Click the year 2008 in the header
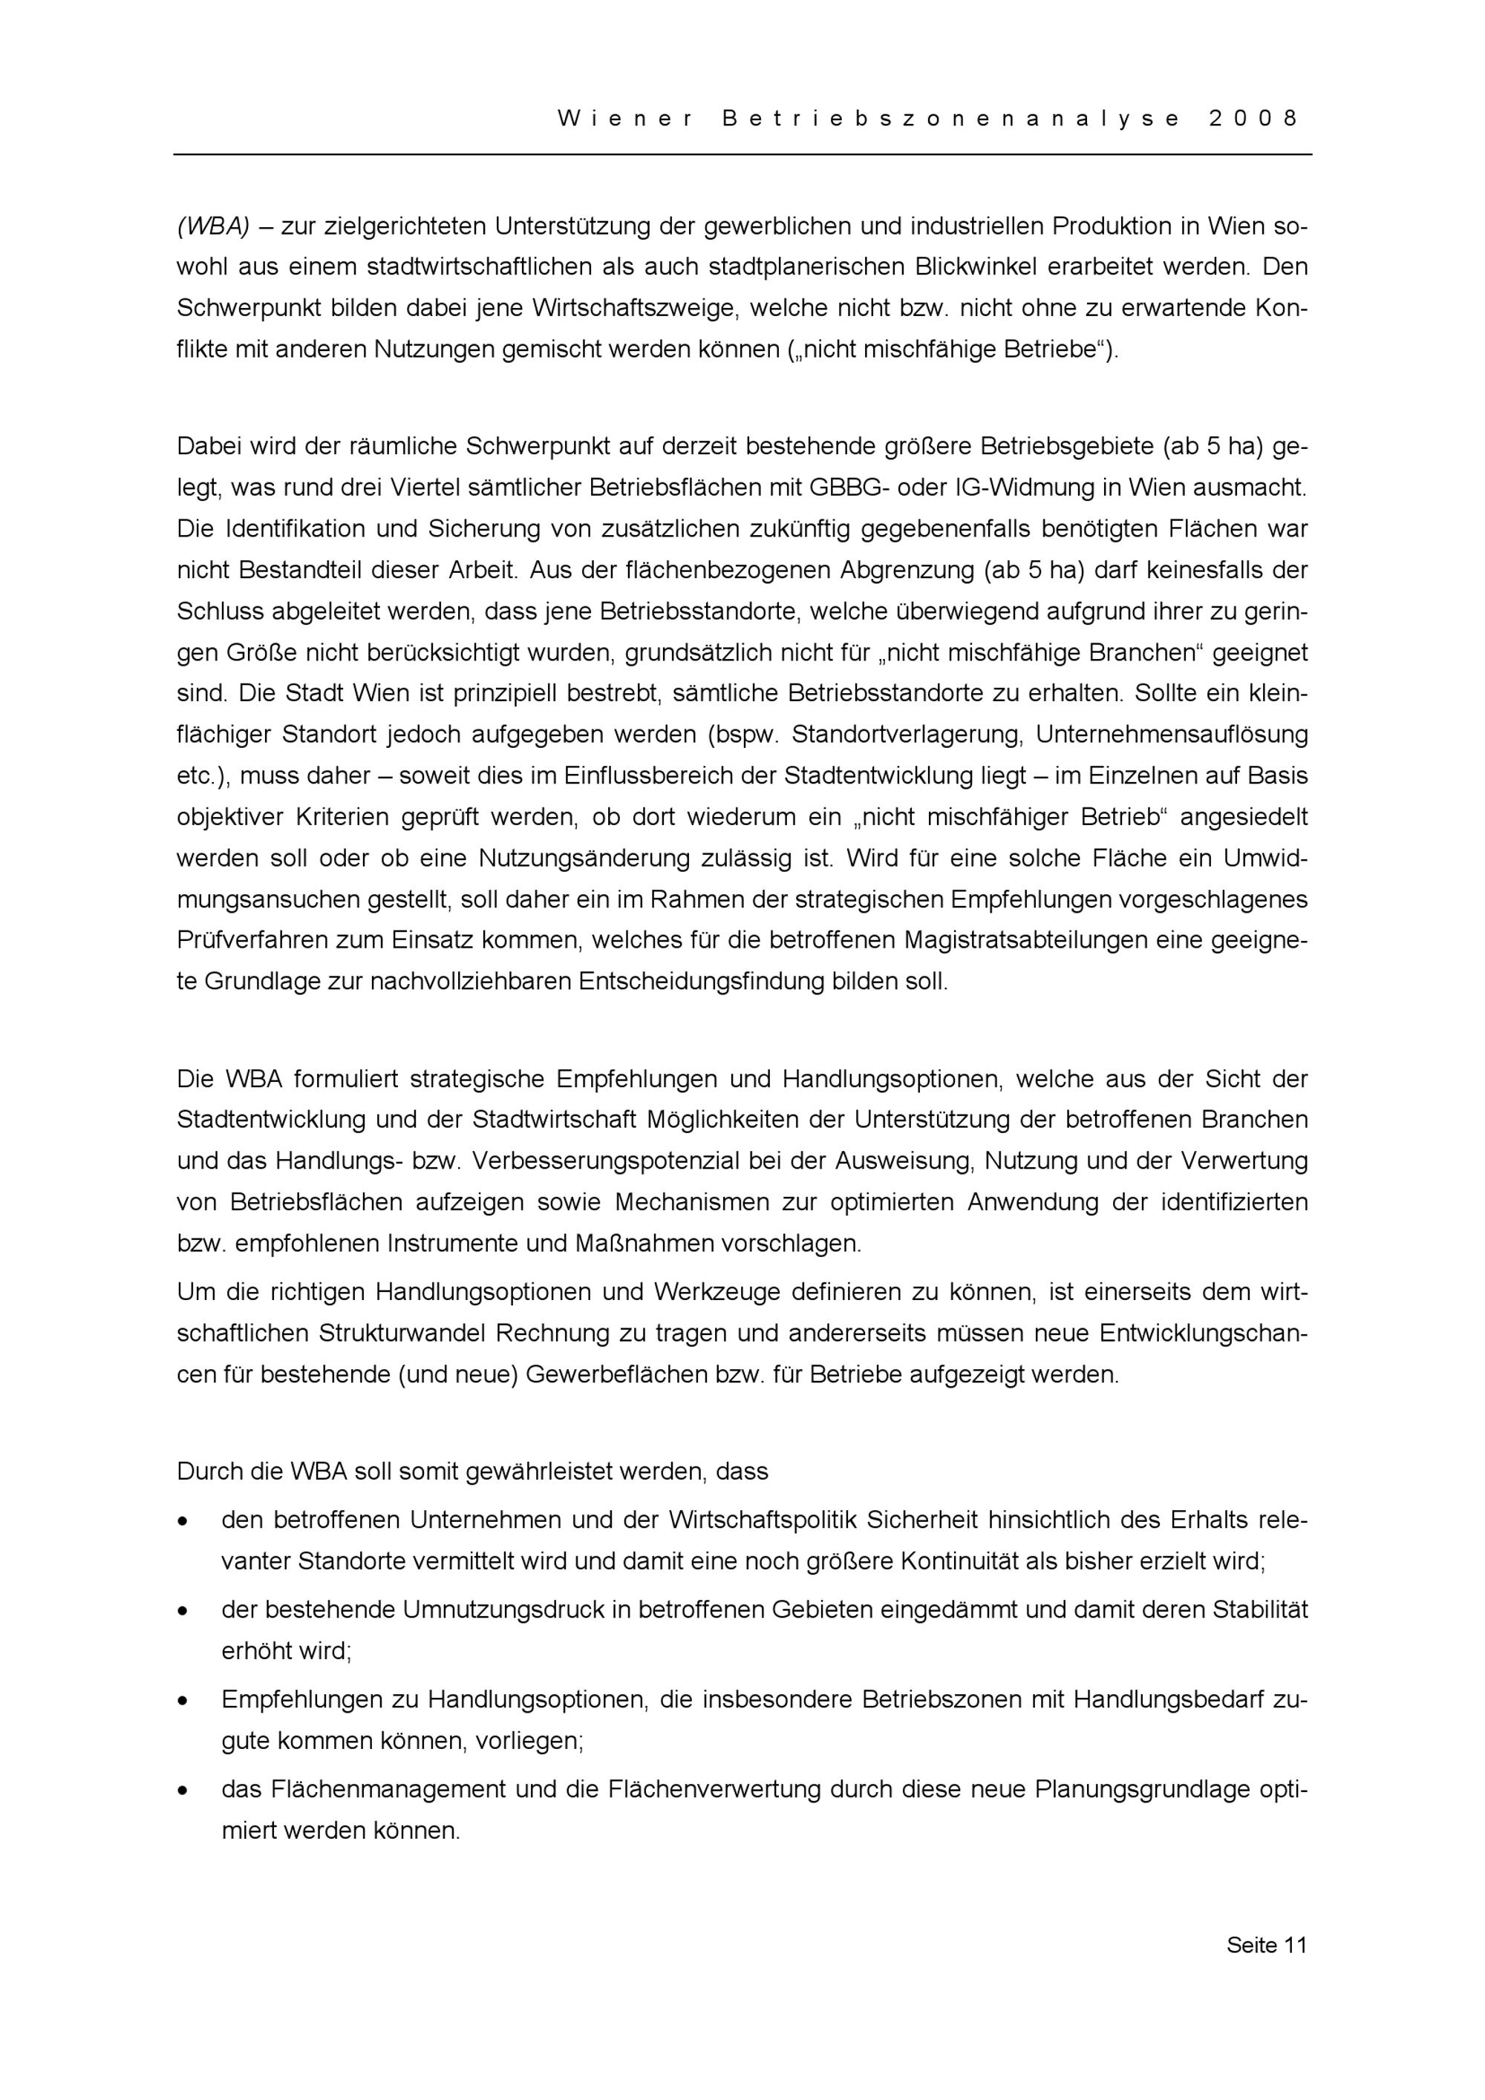tap(1253, 119)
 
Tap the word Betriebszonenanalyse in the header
tap(950, 119)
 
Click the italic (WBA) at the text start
tap(213, 226)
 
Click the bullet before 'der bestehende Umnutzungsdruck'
tap(184, 1611)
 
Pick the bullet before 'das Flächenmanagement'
tap(184, 1790)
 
